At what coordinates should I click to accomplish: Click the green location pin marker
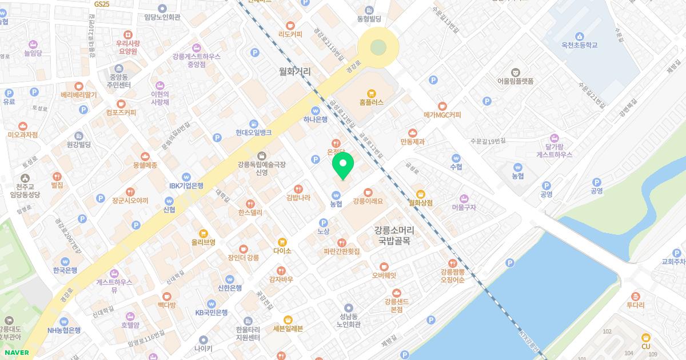pos(343,166)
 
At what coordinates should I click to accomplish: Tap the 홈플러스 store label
pos(372,102)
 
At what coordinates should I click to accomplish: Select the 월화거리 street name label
pos(295,72)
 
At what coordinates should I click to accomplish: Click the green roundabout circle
pos(377,47)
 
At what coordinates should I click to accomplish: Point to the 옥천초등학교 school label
pos(579,45)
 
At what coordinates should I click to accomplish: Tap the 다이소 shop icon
pos(282,242)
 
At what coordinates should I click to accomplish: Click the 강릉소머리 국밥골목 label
pos(394,235)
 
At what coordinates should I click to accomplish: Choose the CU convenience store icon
pos(646,337)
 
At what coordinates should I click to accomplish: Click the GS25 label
pos(102,3)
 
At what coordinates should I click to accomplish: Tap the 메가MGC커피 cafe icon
pos(442,106)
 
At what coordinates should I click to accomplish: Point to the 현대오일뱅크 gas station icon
pos(254,123)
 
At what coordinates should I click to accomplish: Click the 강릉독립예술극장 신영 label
pos(262,168)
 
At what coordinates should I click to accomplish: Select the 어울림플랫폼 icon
pos(515,72)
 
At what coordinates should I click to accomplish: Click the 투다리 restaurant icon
pos(635,296)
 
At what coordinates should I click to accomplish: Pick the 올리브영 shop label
pos(203,242)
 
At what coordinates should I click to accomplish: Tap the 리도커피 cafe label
pos(290,34)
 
